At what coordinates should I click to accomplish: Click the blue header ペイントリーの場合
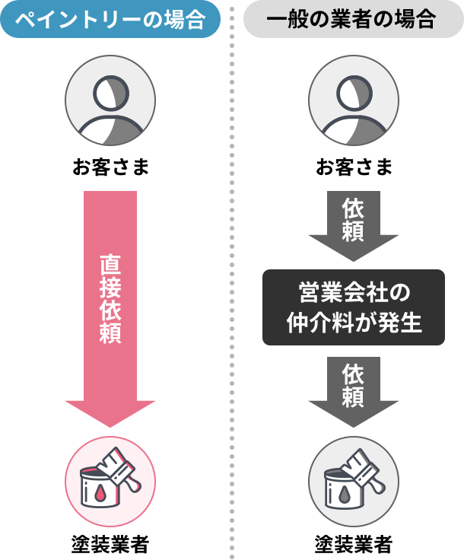[x=111, y=20]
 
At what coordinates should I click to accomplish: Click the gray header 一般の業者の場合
[x=351, y=20]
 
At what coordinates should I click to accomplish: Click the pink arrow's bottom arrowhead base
[x=110, y=414]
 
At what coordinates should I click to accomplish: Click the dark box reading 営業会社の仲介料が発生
[x=353, y=307]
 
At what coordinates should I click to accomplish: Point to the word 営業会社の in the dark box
[x=353, y=292]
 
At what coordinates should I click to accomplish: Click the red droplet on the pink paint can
[x=101, y=494]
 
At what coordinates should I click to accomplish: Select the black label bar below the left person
[x=110, y=167]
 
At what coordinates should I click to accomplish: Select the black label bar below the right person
[x=354, y=167]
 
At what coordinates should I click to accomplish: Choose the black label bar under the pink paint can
[x=110, y=545]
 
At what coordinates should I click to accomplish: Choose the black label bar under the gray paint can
[x=354, y=545]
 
